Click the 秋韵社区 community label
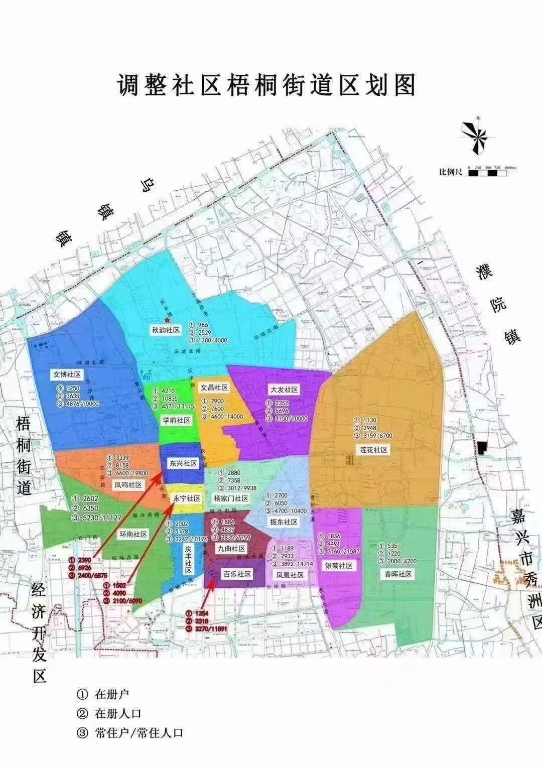click(166, 330)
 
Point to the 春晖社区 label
click(398, 574)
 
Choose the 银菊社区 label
click(339, 566)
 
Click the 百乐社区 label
click(237, 574)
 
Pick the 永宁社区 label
click(187, 498)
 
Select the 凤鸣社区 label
click(128, 485)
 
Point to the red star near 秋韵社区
click(168, 320)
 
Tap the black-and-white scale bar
click(487, 173)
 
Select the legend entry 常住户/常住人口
click(139, 732)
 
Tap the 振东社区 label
click(284, 522)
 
